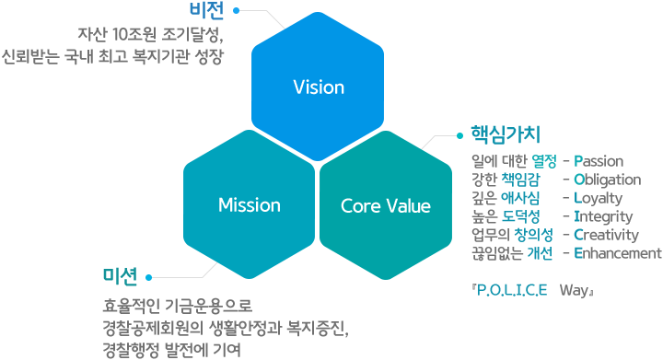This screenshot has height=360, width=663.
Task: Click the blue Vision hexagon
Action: tap(318, 88)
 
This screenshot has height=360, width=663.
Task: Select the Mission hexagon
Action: tap(249, 204)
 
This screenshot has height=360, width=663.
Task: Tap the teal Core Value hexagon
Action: tap(386, 204)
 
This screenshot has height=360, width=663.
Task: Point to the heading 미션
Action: tap(121, 275)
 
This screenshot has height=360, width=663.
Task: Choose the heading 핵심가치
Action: tap(505, 134)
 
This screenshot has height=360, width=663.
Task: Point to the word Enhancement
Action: tap(617, 253)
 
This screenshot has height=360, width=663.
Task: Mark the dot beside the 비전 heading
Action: tap(237, 11)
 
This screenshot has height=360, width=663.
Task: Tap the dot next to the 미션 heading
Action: tap(149, 275)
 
